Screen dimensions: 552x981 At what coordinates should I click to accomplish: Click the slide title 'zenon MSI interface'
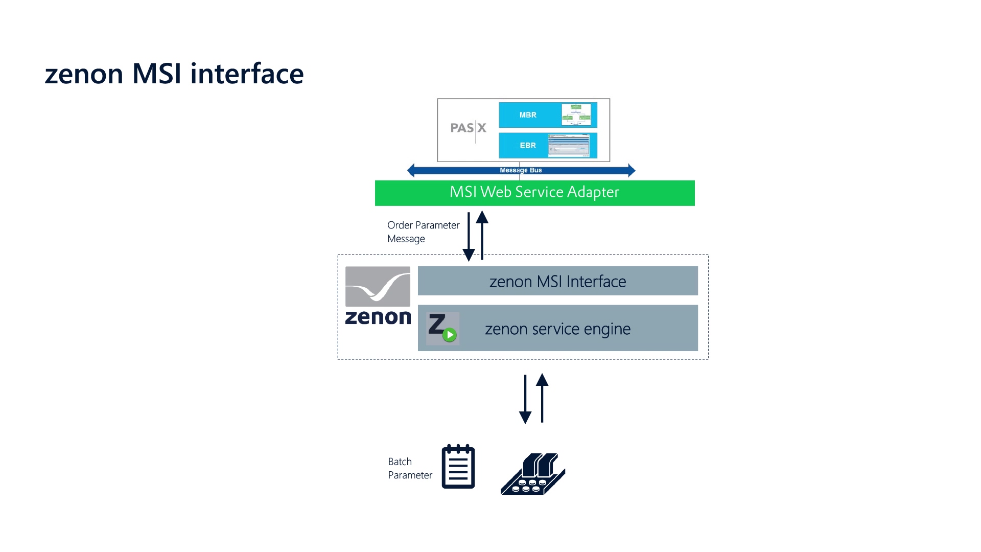[174, 74]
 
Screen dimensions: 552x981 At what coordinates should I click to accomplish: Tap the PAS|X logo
[468, 128]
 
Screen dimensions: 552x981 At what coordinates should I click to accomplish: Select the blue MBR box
[529, 115]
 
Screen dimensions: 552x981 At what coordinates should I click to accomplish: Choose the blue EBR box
[529, 145]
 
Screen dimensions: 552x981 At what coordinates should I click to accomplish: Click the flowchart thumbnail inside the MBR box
[576, 114]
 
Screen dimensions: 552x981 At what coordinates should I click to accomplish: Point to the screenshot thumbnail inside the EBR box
[569, 146]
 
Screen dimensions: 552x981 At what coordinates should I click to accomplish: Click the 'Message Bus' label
[521, 170]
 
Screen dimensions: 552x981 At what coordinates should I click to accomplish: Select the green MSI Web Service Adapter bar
[534, 193]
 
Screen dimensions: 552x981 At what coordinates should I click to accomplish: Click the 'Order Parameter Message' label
[423, 232]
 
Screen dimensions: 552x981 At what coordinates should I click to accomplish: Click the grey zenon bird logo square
[378, 286]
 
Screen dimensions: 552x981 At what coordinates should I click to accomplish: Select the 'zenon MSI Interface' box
[557, 281]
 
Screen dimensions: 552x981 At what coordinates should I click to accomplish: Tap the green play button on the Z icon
[449, 335]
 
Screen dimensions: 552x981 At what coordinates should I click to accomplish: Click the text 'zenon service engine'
[557, 329]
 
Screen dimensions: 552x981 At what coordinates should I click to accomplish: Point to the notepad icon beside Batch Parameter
[458, 467]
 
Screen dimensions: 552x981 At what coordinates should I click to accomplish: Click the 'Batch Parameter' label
[410, 468]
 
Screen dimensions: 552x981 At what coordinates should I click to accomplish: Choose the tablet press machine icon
[533, 474]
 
